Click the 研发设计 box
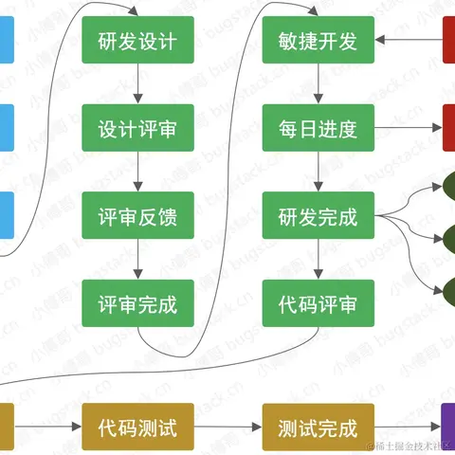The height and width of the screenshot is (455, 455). coord(137,41)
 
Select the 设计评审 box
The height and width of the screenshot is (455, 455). coord(137,128)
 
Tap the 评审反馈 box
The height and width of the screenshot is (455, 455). coord(137,216)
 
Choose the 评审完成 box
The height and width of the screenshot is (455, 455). coord(137,304)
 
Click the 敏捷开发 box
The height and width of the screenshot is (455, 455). coord(318,41)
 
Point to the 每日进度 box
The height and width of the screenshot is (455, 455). coord(318,128)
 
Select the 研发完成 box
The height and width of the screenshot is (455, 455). coord(318,216)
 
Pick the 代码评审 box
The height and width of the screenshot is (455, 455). coord(318,304)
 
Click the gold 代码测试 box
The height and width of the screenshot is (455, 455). coord(137,427)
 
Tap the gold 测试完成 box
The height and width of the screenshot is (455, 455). coord(318,427)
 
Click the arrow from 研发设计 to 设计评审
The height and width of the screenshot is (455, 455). coord(137,84)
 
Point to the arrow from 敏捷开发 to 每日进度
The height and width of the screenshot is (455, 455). coord(318,84)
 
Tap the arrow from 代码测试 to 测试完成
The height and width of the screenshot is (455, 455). coord(227,427)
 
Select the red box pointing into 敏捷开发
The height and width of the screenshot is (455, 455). coord(448,41)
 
